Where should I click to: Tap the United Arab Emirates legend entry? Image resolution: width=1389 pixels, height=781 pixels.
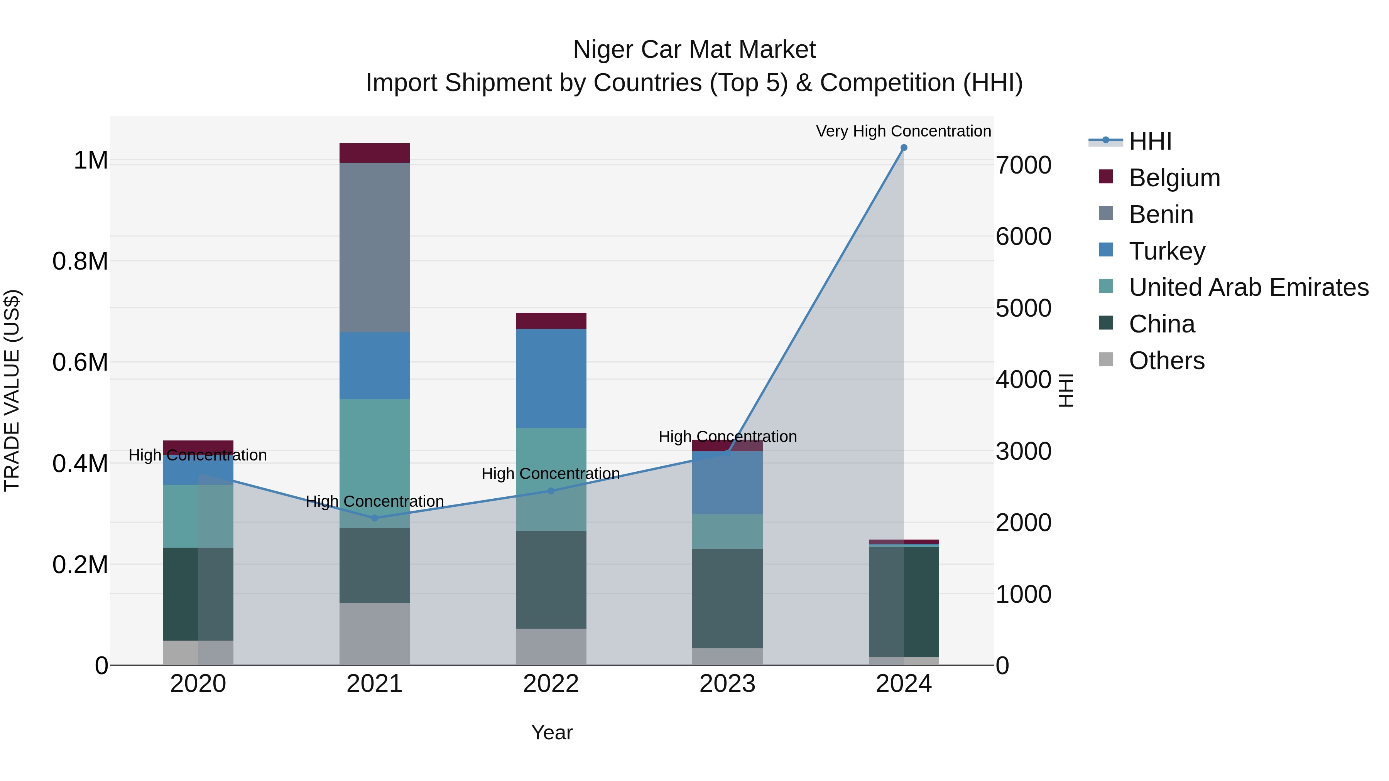(x=1248, y=287)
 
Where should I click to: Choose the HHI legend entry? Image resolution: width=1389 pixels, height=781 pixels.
(x=1150, y=141)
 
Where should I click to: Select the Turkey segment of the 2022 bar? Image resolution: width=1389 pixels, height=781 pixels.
(x=551, y=378)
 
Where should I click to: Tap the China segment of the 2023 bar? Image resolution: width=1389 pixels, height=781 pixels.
(x=727, y=598)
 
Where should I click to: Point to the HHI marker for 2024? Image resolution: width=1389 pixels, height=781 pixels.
(x=904, y=148)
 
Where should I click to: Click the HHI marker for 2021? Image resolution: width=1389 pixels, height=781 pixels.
(x=375, y=518)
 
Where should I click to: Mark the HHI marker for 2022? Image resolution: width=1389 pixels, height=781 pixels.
(x=551, y=491)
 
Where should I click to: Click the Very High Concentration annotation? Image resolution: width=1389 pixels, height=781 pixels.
(x=903, y=131)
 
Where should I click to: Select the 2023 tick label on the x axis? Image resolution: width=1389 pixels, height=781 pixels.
(x=727, y=684)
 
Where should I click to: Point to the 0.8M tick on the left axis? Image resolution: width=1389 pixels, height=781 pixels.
(x=80, y=261)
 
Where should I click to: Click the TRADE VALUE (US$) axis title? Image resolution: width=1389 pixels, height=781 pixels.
(x=12, y=390)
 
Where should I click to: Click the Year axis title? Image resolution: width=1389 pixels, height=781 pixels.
(x=552, y=732)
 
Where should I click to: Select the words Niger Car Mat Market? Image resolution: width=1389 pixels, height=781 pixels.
(x=694, y=50)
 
